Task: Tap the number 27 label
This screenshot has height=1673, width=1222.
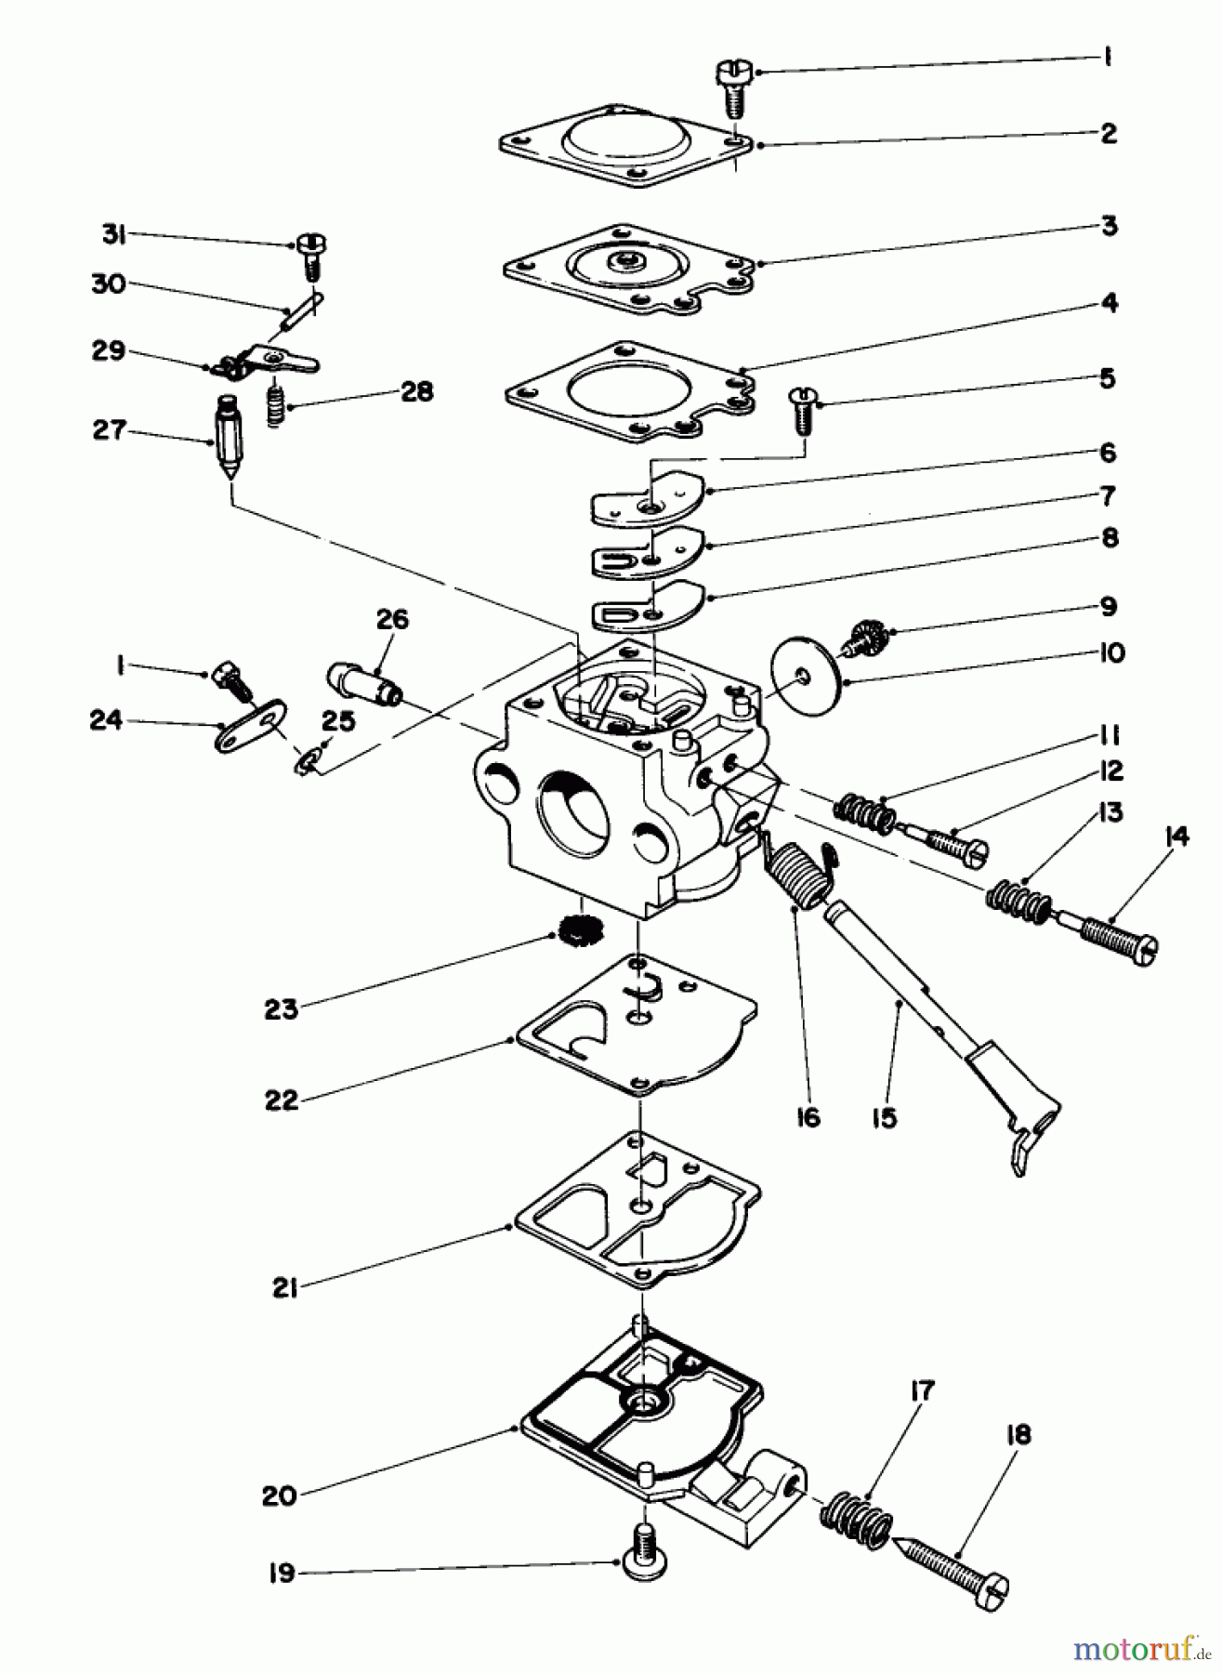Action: (x=109, y=432)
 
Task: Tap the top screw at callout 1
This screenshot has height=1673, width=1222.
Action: (x=731, y=86)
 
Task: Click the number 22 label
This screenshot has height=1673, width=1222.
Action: (x=281, y=1100)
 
